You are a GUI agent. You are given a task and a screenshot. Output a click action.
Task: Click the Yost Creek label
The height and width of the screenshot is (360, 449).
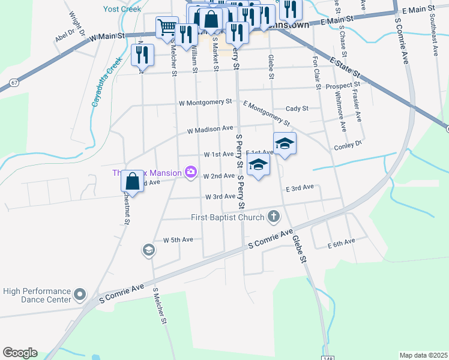pos(122,9)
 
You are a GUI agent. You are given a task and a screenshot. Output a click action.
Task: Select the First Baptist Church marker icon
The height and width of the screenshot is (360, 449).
pos(274,216)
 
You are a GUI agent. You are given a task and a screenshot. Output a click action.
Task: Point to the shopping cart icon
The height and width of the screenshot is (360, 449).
pos(167,26)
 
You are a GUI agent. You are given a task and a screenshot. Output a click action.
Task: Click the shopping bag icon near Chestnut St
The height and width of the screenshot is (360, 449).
pos(133,181)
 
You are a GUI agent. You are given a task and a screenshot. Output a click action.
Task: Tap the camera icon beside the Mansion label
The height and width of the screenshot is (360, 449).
pos(191,173)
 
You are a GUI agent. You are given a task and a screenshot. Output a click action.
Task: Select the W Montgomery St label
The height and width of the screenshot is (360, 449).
pos(205,103)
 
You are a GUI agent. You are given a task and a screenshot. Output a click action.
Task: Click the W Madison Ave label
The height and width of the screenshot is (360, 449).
pos(209,129)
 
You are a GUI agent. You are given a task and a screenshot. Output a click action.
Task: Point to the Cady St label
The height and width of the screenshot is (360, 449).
pos(297,109)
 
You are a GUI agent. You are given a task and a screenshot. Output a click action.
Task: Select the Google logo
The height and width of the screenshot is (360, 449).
pos(20,353)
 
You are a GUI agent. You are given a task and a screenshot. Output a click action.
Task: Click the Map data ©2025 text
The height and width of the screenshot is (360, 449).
pos(423,355)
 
